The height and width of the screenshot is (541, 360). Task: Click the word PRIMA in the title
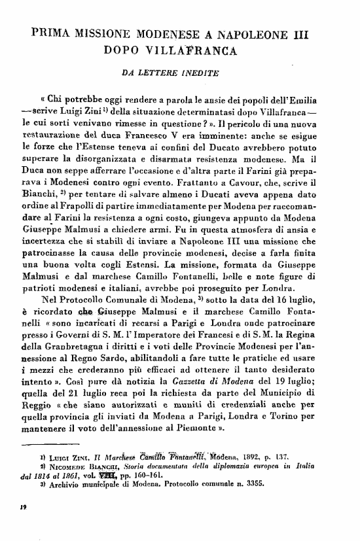click(55, 33)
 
